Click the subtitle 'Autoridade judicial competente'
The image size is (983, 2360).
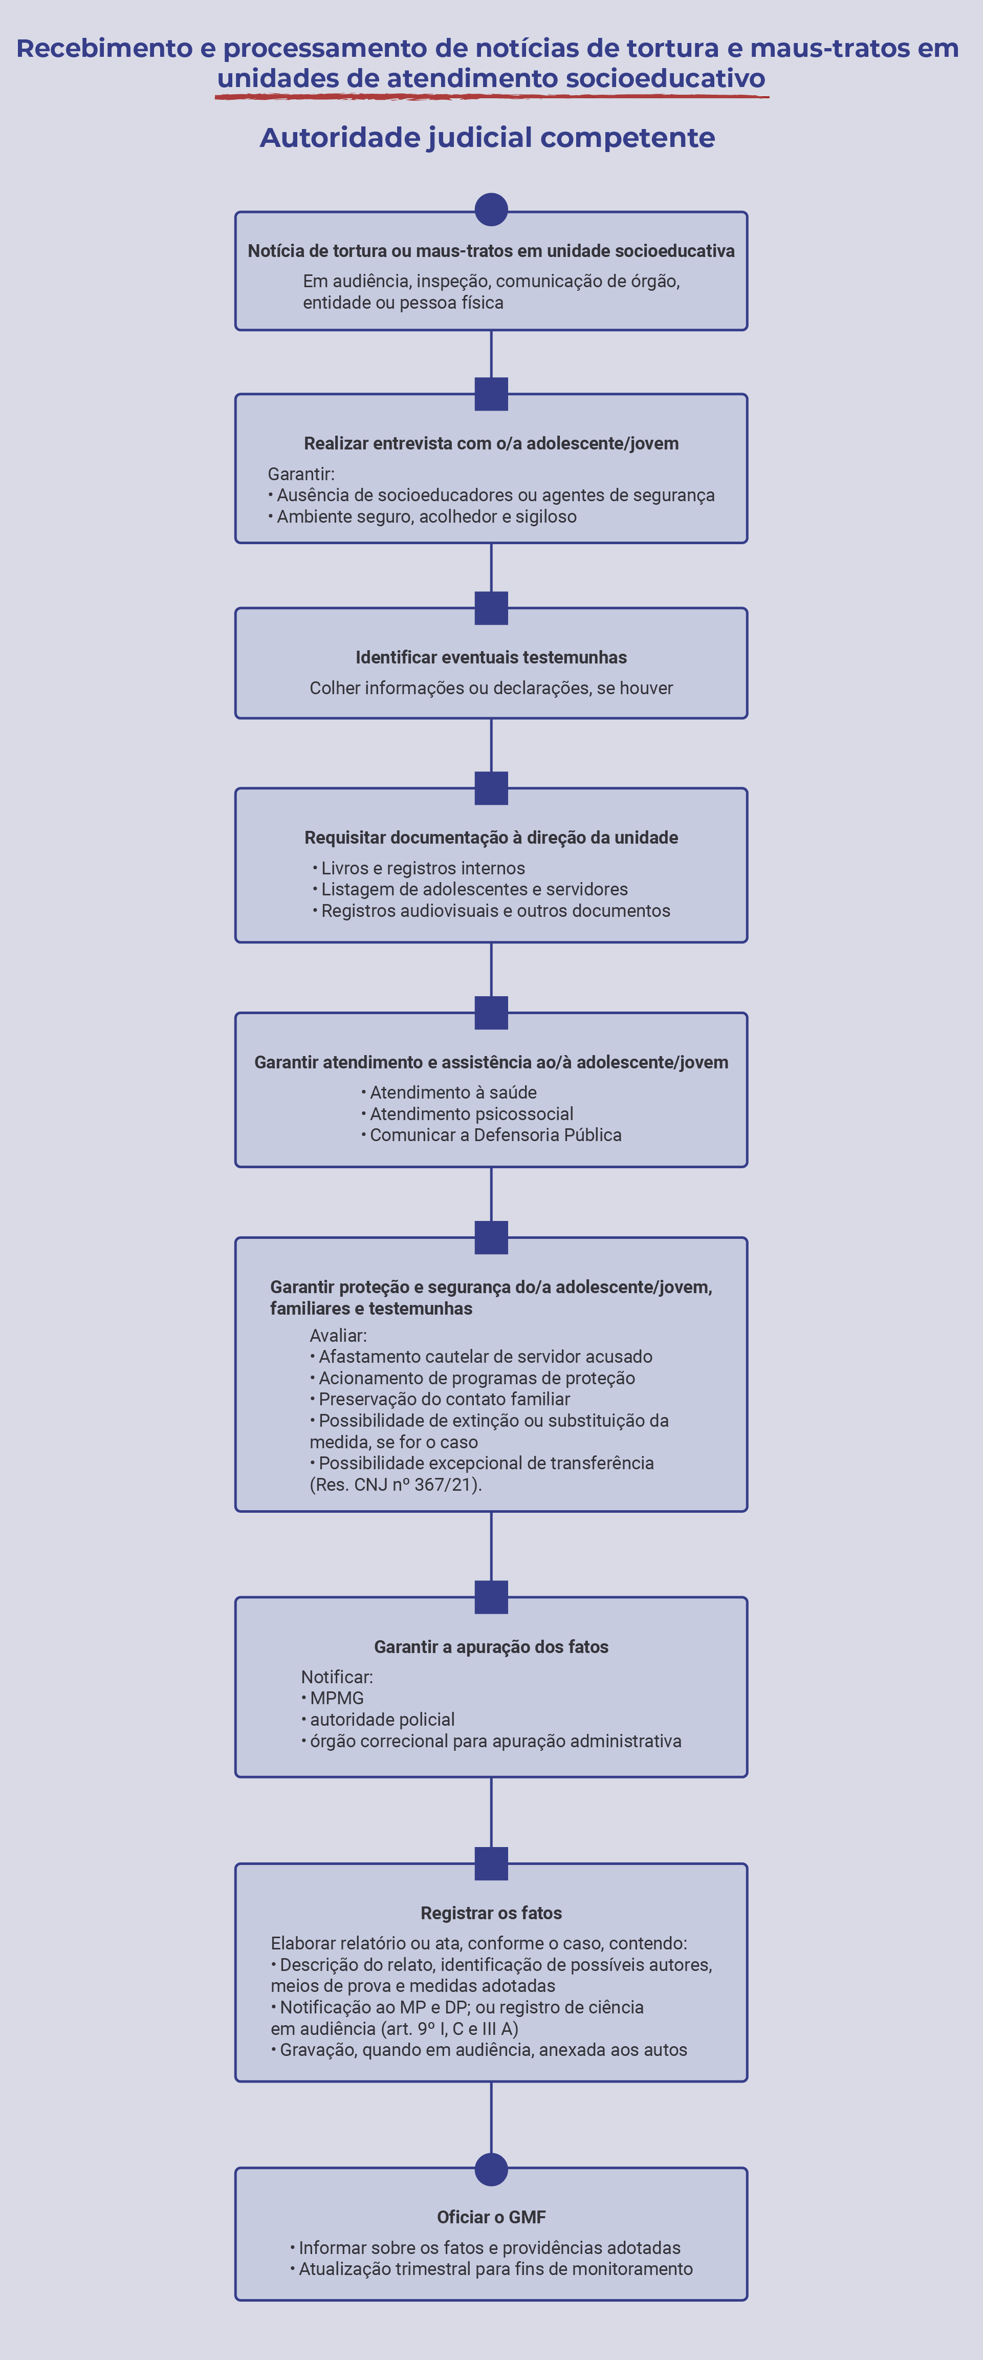click(x=487, y=137)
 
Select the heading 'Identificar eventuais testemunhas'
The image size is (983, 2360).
click(x=491, y=657)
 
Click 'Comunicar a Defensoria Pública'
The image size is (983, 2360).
click(x=491, y=1135)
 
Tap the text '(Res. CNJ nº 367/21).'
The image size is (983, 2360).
click(x=396, y=1484)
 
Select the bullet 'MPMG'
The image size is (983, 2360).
click(x=333, y=1698)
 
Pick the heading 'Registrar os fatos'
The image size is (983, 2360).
click(x=491, y=1913)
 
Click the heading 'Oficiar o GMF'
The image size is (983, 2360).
click(x=491, y=2217)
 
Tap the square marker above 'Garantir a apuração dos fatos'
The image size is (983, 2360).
click(x=491, y=1597)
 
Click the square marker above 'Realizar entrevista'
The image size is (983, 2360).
click(x=491, y=394)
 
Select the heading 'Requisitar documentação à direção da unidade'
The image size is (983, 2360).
click(x=491, y=838)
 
